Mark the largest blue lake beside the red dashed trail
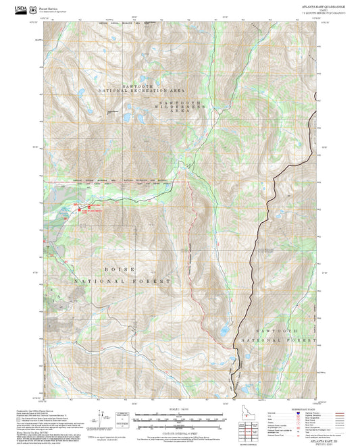[x=222, y=331]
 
